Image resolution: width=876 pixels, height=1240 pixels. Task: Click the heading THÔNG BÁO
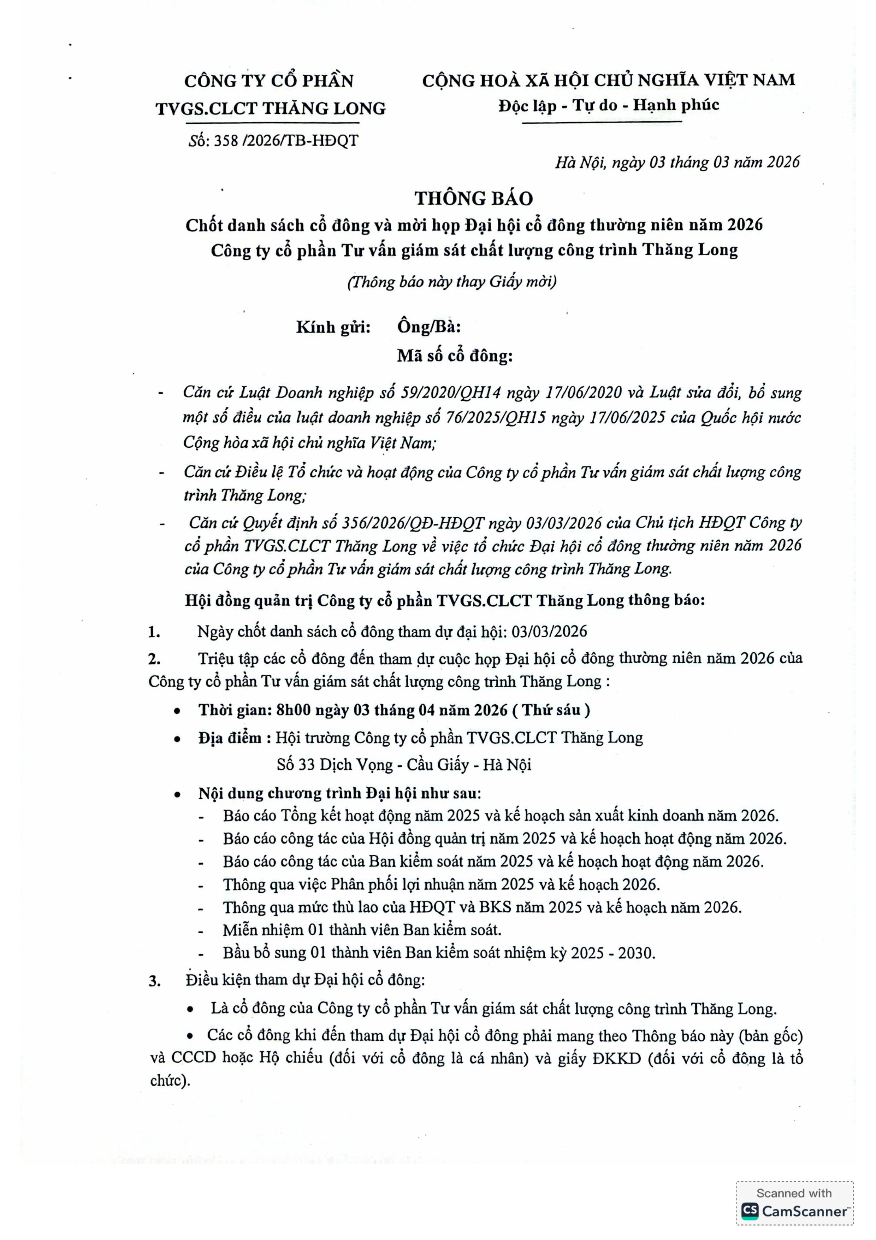[473, 199]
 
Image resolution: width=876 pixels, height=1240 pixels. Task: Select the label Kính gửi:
[333, 327]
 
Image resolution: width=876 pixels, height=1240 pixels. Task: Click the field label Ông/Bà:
[428, 327]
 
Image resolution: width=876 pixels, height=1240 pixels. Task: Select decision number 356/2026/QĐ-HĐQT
[410, 523]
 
